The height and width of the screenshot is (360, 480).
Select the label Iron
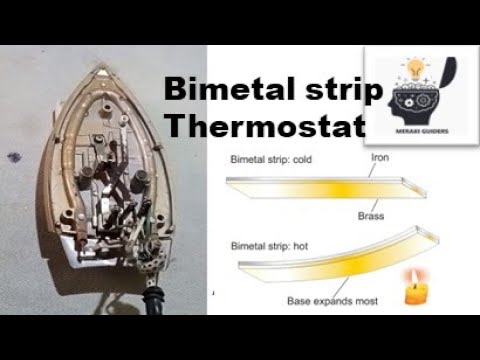pos(380,158)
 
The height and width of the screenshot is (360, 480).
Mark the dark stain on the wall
pos(13,157)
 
